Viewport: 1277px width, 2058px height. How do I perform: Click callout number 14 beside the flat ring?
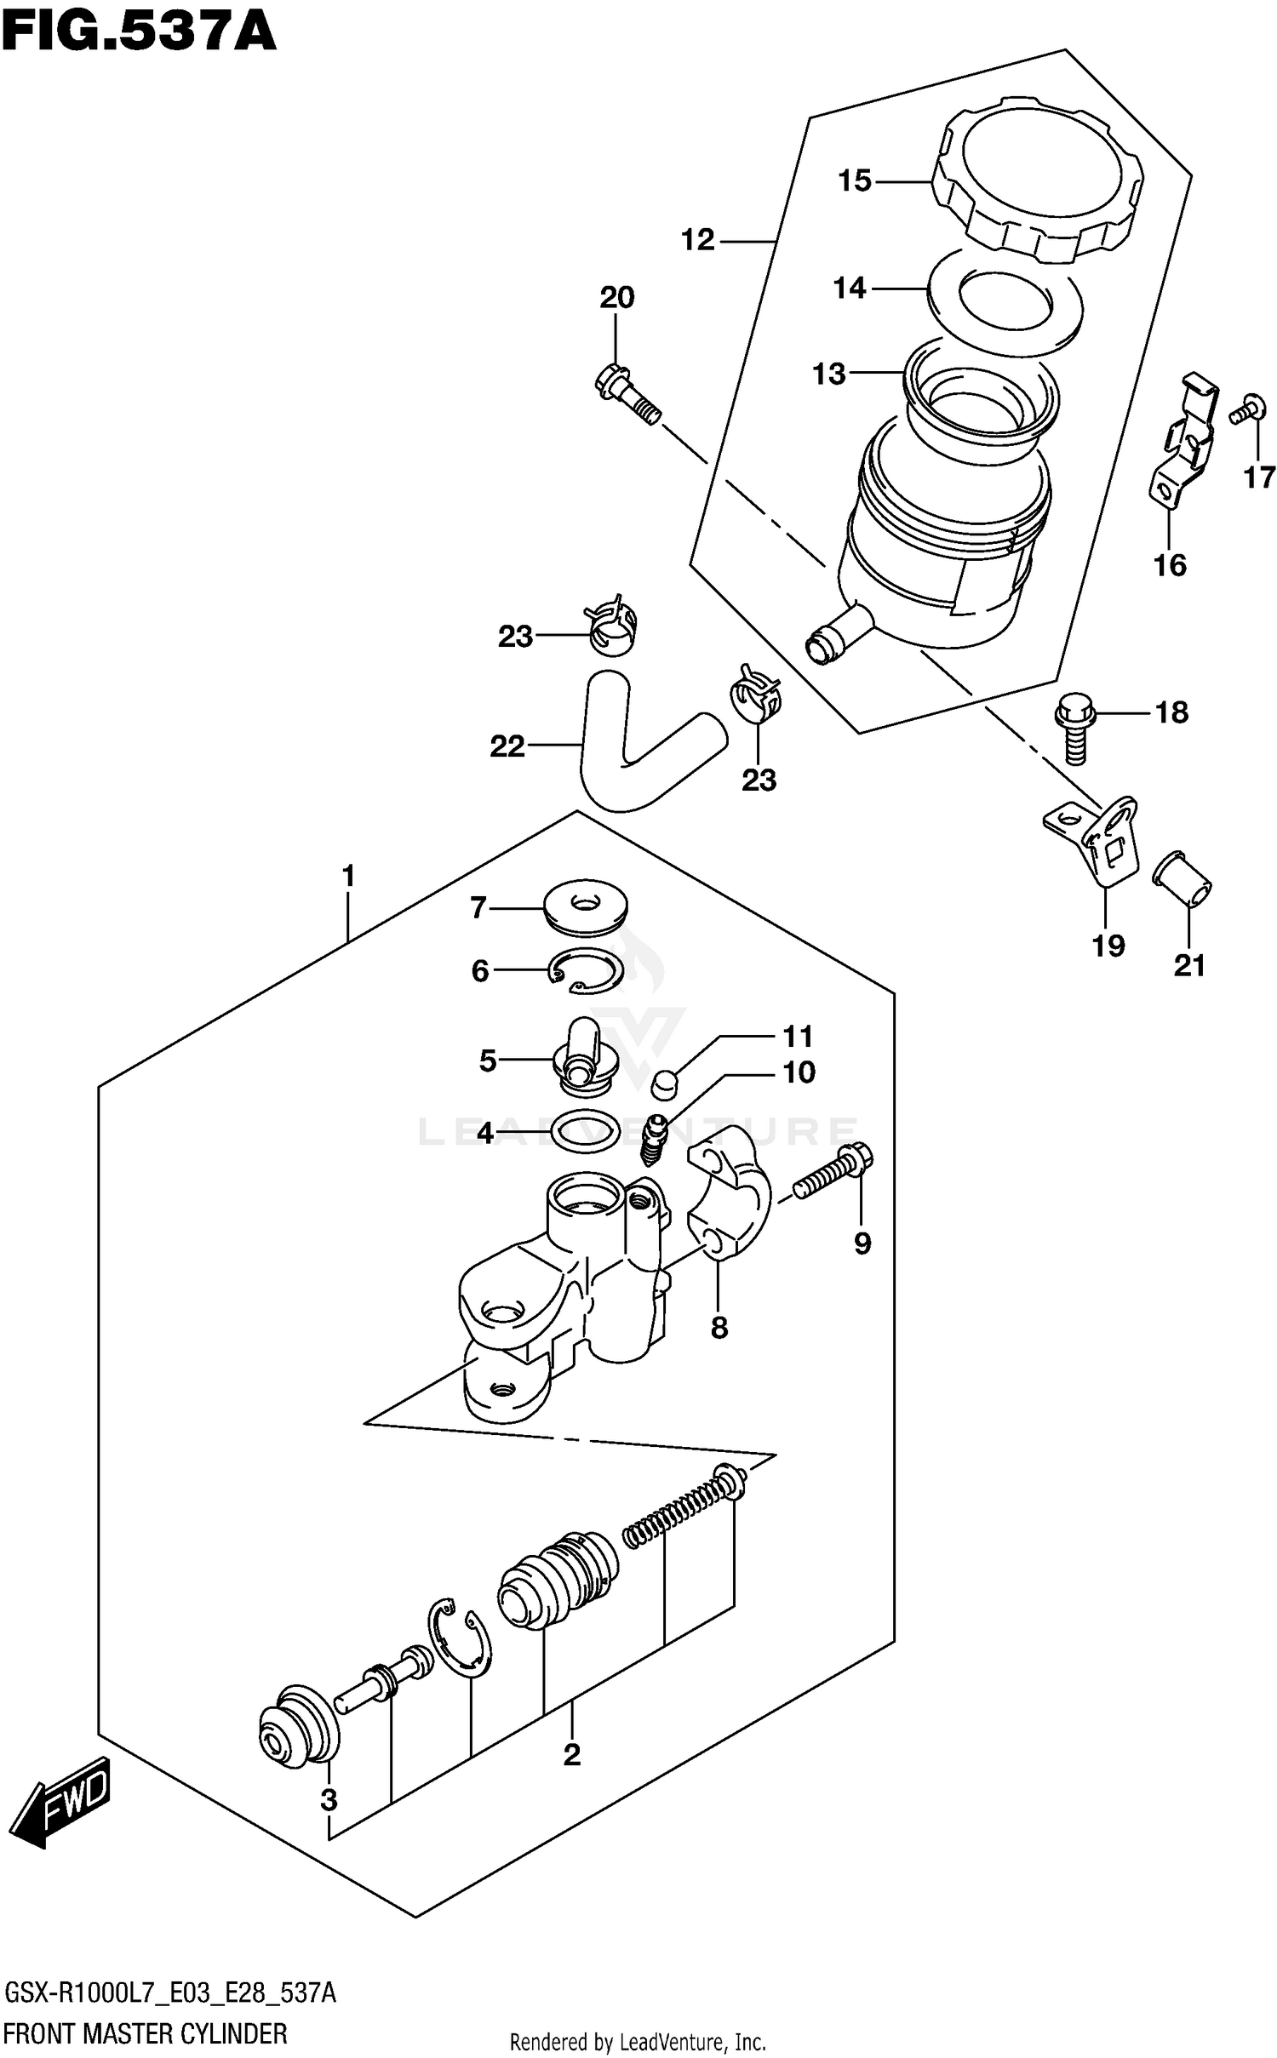click(x=850, y=289)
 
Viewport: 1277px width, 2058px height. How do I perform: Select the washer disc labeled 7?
click(x=584, y=906)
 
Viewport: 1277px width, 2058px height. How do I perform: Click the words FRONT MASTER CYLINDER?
click(x=146, y=2032)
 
